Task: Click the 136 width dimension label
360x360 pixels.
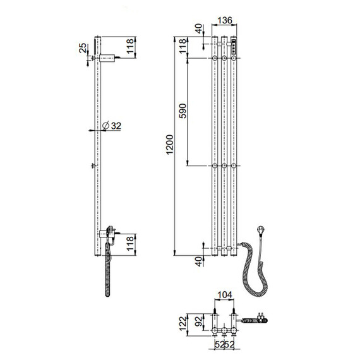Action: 225,20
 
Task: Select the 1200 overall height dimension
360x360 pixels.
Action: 170,145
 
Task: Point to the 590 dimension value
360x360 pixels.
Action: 183,111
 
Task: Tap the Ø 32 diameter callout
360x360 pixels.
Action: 112,126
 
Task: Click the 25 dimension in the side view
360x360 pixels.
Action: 83,48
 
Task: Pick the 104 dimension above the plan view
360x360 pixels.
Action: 225,295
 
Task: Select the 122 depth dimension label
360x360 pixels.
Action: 183,324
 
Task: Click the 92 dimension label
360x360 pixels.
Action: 199,321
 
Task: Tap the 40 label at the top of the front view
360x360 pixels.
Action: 199,28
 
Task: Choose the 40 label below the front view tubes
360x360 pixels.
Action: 199,261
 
